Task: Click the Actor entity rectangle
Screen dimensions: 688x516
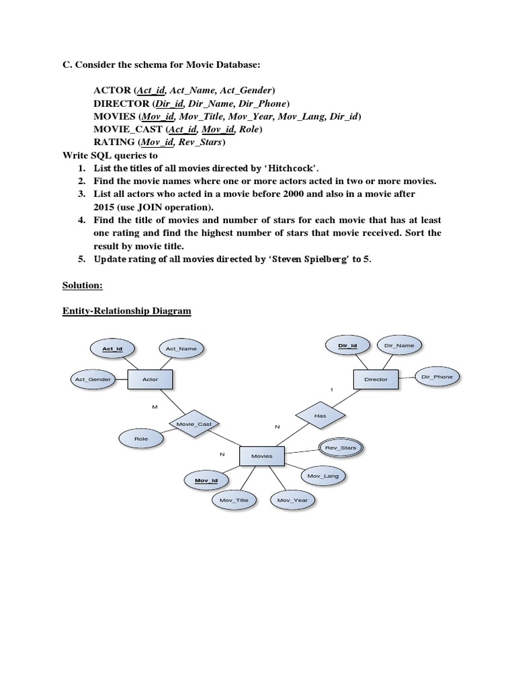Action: click(150, 380)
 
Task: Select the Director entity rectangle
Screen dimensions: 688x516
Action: click(376, 380)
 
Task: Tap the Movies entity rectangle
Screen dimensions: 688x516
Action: click(261, 456)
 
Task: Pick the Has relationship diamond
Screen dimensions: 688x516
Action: click(320, 416)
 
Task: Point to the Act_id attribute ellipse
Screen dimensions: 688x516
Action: click(112, 349)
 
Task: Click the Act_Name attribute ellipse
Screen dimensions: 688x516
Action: click(181, 349)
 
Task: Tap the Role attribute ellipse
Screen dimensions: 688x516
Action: click(141, 439)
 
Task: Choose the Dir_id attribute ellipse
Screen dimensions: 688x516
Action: click(347, 345)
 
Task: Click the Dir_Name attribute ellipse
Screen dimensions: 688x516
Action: click(399, 345)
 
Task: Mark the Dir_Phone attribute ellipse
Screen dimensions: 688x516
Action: click(437, 377)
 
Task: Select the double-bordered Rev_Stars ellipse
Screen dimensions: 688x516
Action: click(341, 447)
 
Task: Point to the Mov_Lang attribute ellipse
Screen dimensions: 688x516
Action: click(323, 476)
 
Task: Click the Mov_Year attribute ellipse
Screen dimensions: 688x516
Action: click(292, 501)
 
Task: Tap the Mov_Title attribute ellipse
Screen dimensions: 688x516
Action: click(234, 501)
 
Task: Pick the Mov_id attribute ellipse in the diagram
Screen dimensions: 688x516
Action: click(206, 481)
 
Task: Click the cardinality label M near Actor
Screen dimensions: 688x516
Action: click(155, 407)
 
